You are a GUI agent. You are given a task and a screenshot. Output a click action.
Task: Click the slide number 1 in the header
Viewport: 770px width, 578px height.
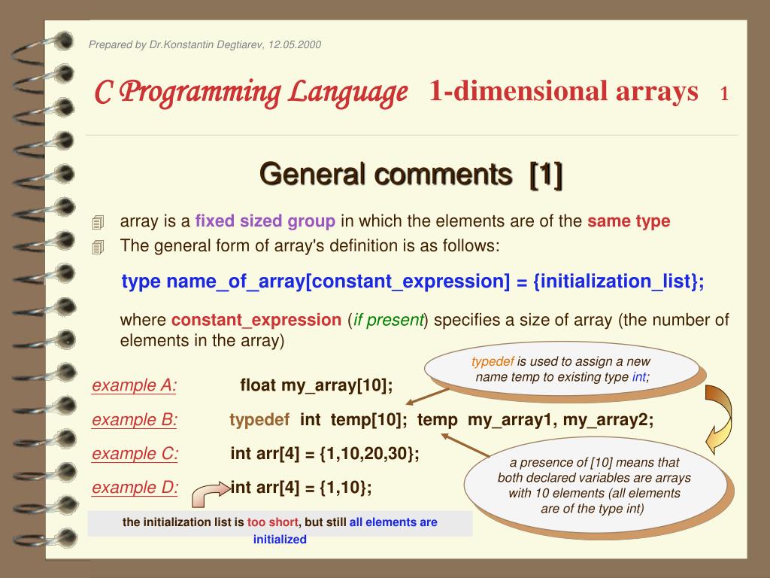tap(724, 93)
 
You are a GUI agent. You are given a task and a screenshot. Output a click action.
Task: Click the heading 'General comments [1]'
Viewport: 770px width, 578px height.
tap(411, 175)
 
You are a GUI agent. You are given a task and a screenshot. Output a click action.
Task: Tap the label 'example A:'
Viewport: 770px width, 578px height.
tap(135, 385)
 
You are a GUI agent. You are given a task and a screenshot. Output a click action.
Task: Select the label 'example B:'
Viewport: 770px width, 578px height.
tap(135, 420)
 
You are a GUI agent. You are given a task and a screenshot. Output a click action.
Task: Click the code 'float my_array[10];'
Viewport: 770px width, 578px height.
tap(317, 386)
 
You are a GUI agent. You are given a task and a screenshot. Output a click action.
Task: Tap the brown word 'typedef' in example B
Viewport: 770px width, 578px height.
tap(259, 420)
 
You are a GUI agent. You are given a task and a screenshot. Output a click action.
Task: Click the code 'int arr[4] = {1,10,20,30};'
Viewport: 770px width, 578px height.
tap(325, 454)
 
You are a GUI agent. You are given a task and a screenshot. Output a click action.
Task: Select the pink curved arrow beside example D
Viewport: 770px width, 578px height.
tap(210, 494)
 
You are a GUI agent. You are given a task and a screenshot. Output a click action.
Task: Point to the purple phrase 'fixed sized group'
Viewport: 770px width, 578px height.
tap(265, 221)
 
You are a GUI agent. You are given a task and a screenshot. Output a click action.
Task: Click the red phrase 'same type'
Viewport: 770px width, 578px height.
tap(629, 221)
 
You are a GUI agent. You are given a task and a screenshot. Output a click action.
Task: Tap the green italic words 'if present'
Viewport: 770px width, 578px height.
tap(389, 320)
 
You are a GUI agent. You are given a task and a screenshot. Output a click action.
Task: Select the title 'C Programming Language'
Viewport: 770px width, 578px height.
tap(251, 93)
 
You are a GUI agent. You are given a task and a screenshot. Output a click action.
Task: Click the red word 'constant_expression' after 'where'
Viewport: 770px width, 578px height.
tap(256, 320)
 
